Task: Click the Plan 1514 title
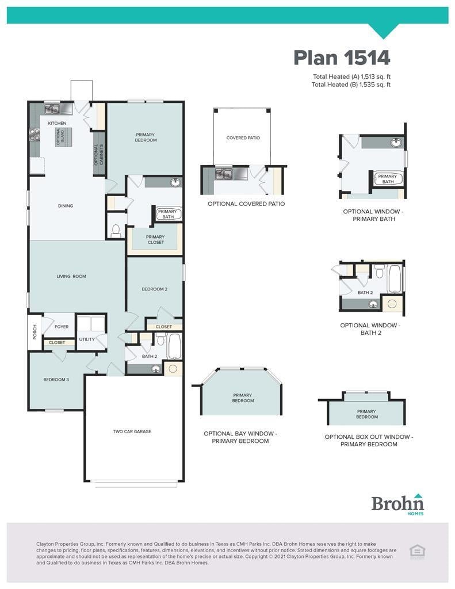point(342,58)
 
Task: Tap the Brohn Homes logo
point(397,504)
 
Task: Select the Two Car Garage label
point(132,431)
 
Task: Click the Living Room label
point(71,276)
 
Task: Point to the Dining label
point(66,206)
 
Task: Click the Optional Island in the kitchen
point(63,137)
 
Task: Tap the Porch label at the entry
point(35,332)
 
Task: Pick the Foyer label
point(62,327)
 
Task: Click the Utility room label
point(87,339)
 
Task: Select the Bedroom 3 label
point(56,380)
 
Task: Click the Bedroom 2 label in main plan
point(154,289)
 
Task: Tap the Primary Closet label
point(155,240)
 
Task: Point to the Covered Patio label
point(243,138)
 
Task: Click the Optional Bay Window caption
point(240,437)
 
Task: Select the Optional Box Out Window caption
point(369,441)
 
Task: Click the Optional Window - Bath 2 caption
point(370,329)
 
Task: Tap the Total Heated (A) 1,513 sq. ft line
point(351,77)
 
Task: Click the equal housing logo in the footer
point(417,552)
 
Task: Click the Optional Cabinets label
point(98,154)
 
